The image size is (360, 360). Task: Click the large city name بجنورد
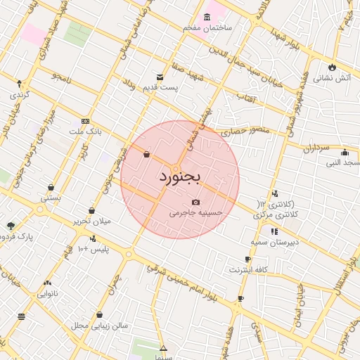pyautogui.click(x=179, y=176)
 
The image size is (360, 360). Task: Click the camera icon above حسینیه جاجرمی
pyautogui.click(x=195, y=202)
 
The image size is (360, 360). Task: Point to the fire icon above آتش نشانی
pyautogui.click(x=332, y=67)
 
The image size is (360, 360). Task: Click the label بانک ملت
pyautogui.click(x=85, y=131)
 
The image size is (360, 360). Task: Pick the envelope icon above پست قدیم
pyautogui.click(x=160, y=77)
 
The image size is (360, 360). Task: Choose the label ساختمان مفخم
pyautogui.click(x=207, y=27)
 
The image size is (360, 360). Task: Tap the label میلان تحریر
pyautogui.click(x=92, y=221)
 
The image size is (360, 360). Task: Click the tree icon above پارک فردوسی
pyautogui.click(x=10, y=226)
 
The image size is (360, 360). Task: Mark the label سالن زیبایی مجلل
pyautogui.click(x=99, y=326)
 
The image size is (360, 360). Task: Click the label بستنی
pyautogui.click(x=51, y=198)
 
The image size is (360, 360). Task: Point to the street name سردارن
pyautogui.click(x=316, y=149)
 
